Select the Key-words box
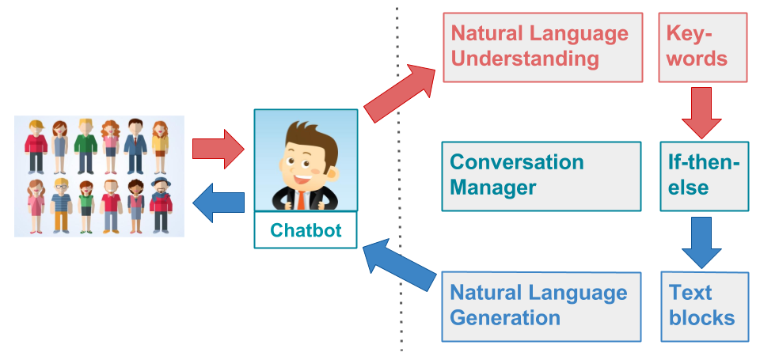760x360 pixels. (x=702, y=47)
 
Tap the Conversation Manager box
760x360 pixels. (x=541, y=176)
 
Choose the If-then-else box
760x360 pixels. (x=703, y=176)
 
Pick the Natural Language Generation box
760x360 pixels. (x=541, y=306)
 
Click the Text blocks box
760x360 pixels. (x=704, y=306)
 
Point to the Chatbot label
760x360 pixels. (x=306, y=230)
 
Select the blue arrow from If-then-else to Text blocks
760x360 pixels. (x=701, y=241)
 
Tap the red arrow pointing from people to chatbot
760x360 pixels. (x=219, y=149)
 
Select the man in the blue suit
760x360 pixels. (x=135, y=146)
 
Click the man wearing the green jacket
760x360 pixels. (x=85, y=146)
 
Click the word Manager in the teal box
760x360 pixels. (x=493, y=188)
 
